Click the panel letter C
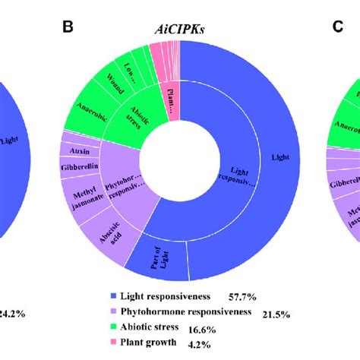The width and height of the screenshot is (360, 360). click(338, 28)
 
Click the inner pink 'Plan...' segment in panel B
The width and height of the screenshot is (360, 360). click(173, 97)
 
